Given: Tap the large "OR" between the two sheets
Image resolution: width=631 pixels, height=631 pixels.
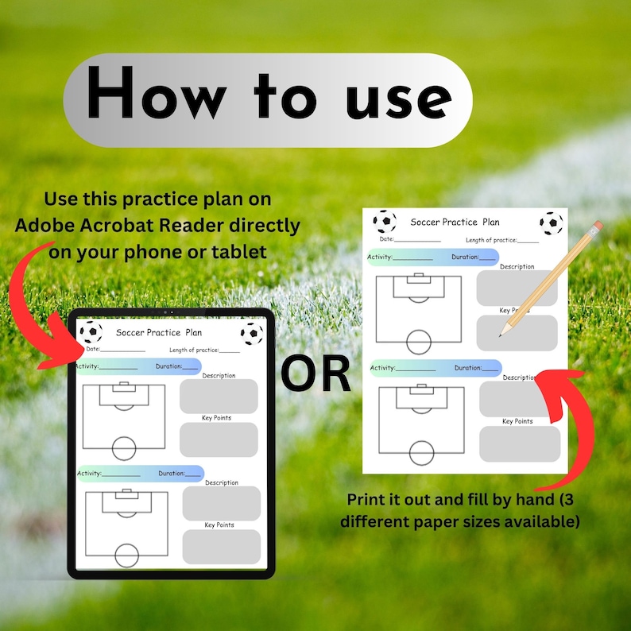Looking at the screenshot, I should coord(315,374).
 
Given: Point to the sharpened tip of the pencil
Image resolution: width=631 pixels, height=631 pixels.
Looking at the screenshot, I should coord(501,335).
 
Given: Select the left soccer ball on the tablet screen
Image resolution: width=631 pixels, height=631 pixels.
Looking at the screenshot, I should coord(91,332).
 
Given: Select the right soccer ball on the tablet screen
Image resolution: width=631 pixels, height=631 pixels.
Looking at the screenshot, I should coord(252,334).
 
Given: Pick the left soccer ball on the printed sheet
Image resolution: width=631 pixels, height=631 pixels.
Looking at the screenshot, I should coord(385,221).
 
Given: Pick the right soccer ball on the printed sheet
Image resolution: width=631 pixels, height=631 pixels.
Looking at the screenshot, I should coord(551,223).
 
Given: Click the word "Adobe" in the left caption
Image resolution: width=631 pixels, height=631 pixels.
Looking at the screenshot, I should coord(47,226).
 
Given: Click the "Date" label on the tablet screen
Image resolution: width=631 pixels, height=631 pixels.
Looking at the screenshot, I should coord(93,349).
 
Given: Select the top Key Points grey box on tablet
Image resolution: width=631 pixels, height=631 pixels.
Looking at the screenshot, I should coord(219,439).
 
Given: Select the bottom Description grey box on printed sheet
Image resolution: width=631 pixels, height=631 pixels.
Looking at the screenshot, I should coord(519,399).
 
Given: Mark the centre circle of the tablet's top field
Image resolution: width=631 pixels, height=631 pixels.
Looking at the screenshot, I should coord(125,448).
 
